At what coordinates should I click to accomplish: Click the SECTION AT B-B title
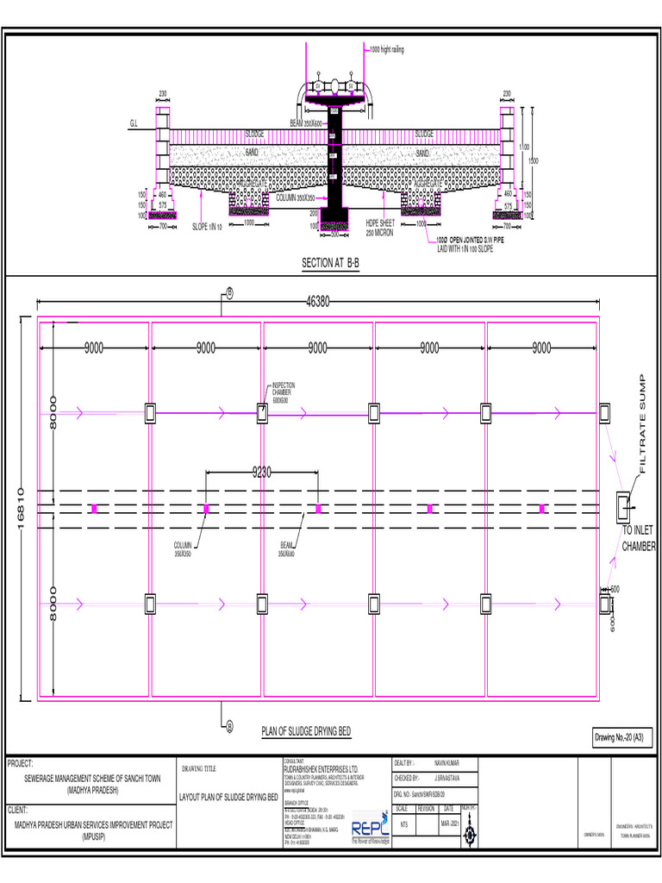tap(330, 263)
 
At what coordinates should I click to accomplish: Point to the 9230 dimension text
tap(263, 472)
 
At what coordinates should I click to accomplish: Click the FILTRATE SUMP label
tap(641, 423)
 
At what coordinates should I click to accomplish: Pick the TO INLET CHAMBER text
tap(639, 540)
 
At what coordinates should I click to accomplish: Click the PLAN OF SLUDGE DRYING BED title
tap(306, 732)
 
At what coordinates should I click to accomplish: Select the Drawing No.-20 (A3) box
tap(623, 737)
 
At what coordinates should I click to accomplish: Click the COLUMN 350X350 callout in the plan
tap(183, 548)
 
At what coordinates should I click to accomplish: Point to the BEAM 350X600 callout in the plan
tap(286, 548)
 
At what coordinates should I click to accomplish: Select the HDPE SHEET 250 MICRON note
tap(380, 228)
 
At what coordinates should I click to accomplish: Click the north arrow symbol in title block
tap(468, 833)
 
